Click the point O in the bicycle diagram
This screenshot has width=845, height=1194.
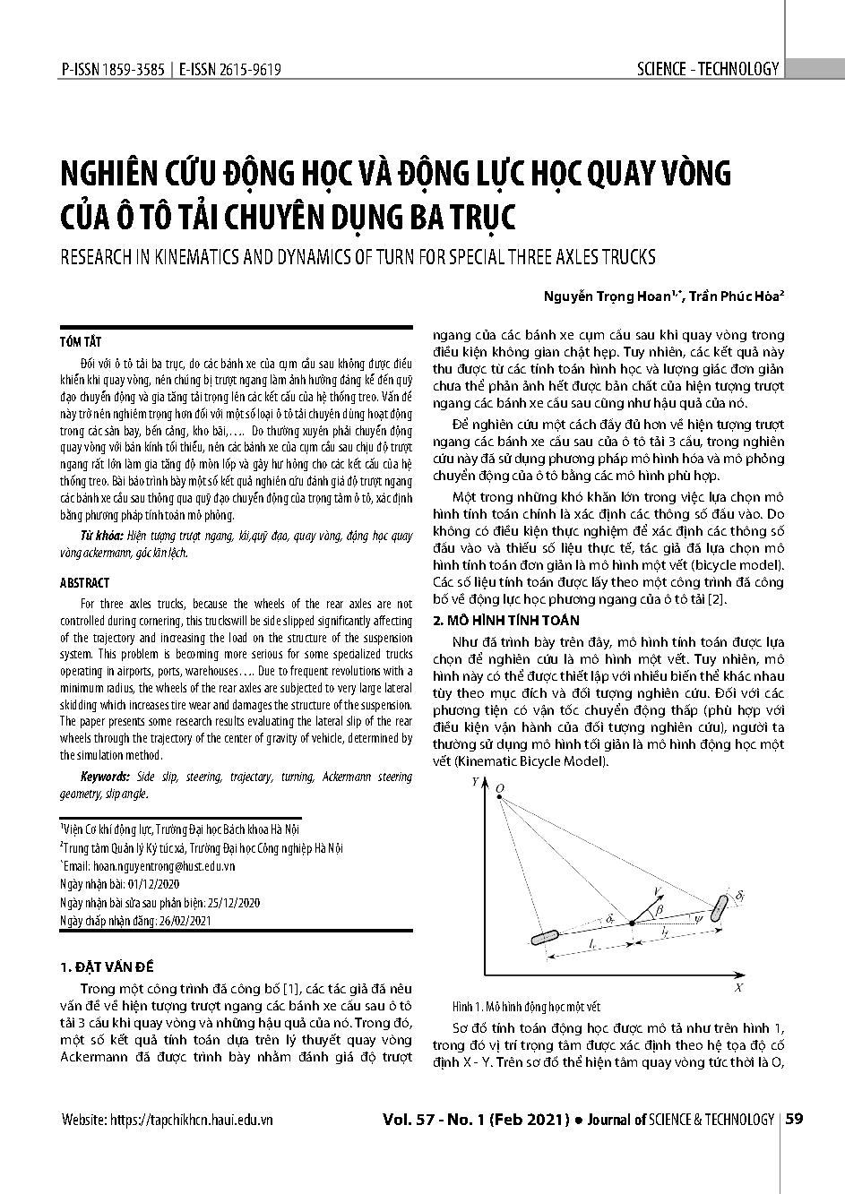tap(500, 788)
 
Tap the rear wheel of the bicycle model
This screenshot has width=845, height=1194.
tap(544, 938)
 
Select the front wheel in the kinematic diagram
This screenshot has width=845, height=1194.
tap(719, 906)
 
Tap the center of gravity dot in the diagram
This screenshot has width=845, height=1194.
tap(632, 923)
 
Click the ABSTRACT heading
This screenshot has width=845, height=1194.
tap(85, 582)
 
